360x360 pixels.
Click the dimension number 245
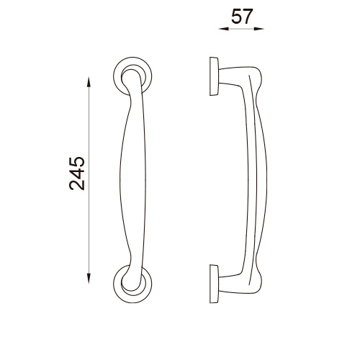click(x=77, y=174)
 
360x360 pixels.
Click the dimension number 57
click(x=242, y=17)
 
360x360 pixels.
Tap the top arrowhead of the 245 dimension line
click(x=89, y=81)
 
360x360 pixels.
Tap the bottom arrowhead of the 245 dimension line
click(x=89, y=279)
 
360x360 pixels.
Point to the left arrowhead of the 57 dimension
click(x=223, y=29)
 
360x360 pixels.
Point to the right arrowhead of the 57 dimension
click(x=259, y=29)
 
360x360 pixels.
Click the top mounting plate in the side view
click(x=214, y=76)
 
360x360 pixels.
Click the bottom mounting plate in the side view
click(x=214, y=284)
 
